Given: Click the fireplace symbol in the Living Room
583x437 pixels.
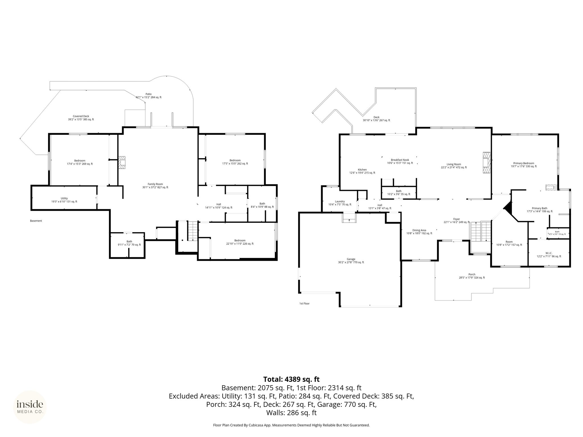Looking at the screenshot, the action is click(486, 162).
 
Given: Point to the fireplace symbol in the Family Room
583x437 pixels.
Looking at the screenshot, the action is click(122, 162).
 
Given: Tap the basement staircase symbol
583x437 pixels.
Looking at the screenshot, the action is click(192, 231).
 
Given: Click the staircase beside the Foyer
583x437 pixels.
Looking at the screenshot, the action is click(481, 231).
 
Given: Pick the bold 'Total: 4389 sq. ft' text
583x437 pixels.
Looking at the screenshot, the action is click(291, 379).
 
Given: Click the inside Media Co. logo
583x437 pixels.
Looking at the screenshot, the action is click(30, 407).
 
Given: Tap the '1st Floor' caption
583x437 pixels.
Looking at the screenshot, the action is click(304, 304).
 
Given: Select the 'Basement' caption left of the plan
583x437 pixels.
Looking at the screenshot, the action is click(36, 221).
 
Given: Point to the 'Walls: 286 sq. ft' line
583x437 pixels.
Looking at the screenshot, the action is click(291, 413).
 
